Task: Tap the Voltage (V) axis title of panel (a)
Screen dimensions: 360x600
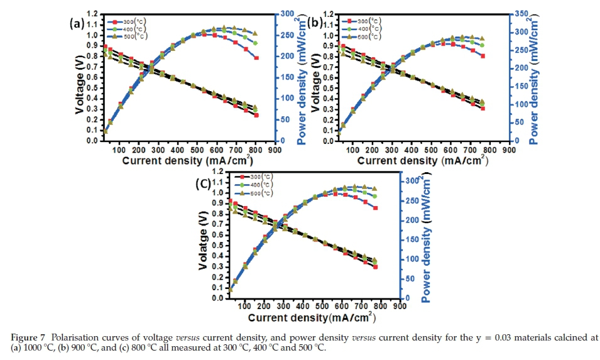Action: tap(79, 79)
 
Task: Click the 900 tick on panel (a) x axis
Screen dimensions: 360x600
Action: tap(275, 150)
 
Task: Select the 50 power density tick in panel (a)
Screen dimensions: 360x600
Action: tap(286, 119)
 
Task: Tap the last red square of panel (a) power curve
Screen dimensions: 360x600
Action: tap(256, 58)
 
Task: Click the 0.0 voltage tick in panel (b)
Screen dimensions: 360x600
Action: tap(329, 141)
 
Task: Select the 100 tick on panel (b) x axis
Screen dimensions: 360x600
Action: tap(353, 150)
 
